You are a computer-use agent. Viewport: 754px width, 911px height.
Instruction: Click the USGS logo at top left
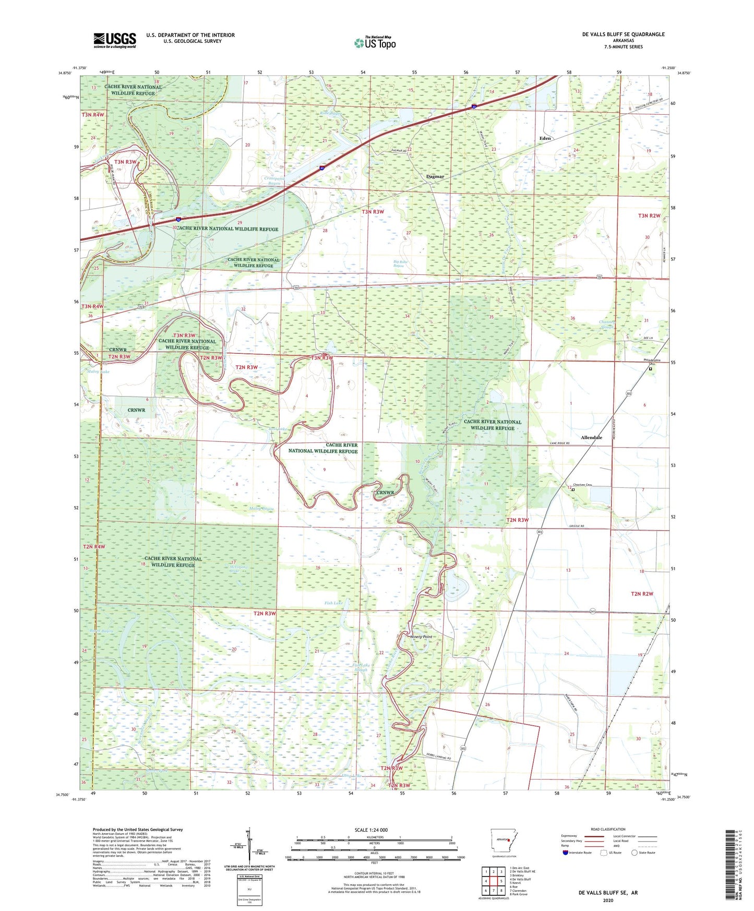coord(114,40)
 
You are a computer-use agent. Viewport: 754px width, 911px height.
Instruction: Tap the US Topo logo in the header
coord(375,43)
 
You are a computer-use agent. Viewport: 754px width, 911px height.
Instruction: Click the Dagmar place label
coord(435,176)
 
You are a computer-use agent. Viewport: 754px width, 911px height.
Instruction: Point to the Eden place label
coord(545,138)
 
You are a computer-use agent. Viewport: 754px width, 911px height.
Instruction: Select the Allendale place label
coord(591,437)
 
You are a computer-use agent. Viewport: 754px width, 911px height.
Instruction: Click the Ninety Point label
coord(421,637)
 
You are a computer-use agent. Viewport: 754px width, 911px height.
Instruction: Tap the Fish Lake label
coord(334,603)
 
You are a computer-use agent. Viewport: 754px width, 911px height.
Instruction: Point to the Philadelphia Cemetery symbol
coord(650,368)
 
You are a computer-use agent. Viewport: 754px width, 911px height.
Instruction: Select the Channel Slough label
coord(607,325)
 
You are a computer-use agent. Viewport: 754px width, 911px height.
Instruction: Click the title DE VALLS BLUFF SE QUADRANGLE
coord(623,34)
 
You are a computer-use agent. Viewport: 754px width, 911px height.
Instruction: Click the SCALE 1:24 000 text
coord(371,830)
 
